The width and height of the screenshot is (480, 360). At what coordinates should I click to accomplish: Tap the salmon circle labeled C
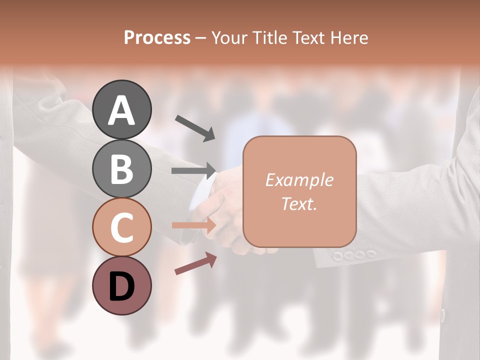click(x=121, y=227)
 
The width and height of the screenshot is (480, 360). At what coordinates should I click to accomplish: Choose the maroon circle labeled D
click(x=121, y=285)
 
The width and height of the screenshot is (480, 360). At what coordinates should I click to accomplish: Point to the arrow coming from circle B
click(x=194, y=170)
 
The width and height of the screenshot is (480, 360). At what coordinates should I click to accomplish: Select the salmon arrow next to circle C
click(x=194, y=225)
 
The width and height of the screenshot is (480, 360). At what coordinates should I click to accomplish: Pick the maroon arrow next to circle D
click(x=195, y=263)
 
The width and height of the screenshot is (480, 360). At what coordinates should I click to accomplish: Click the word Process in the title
click(x=157, y=37)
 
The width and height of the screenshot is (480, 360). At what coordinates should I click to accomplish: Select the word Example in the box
click(x=299, y=180)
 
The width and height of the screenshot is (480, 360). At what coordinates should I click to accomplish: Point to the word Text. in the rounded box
click(x=299, y=203)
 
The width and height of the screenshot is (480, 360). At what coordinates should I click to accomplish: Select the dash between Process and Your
click(x=201, y=38)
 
